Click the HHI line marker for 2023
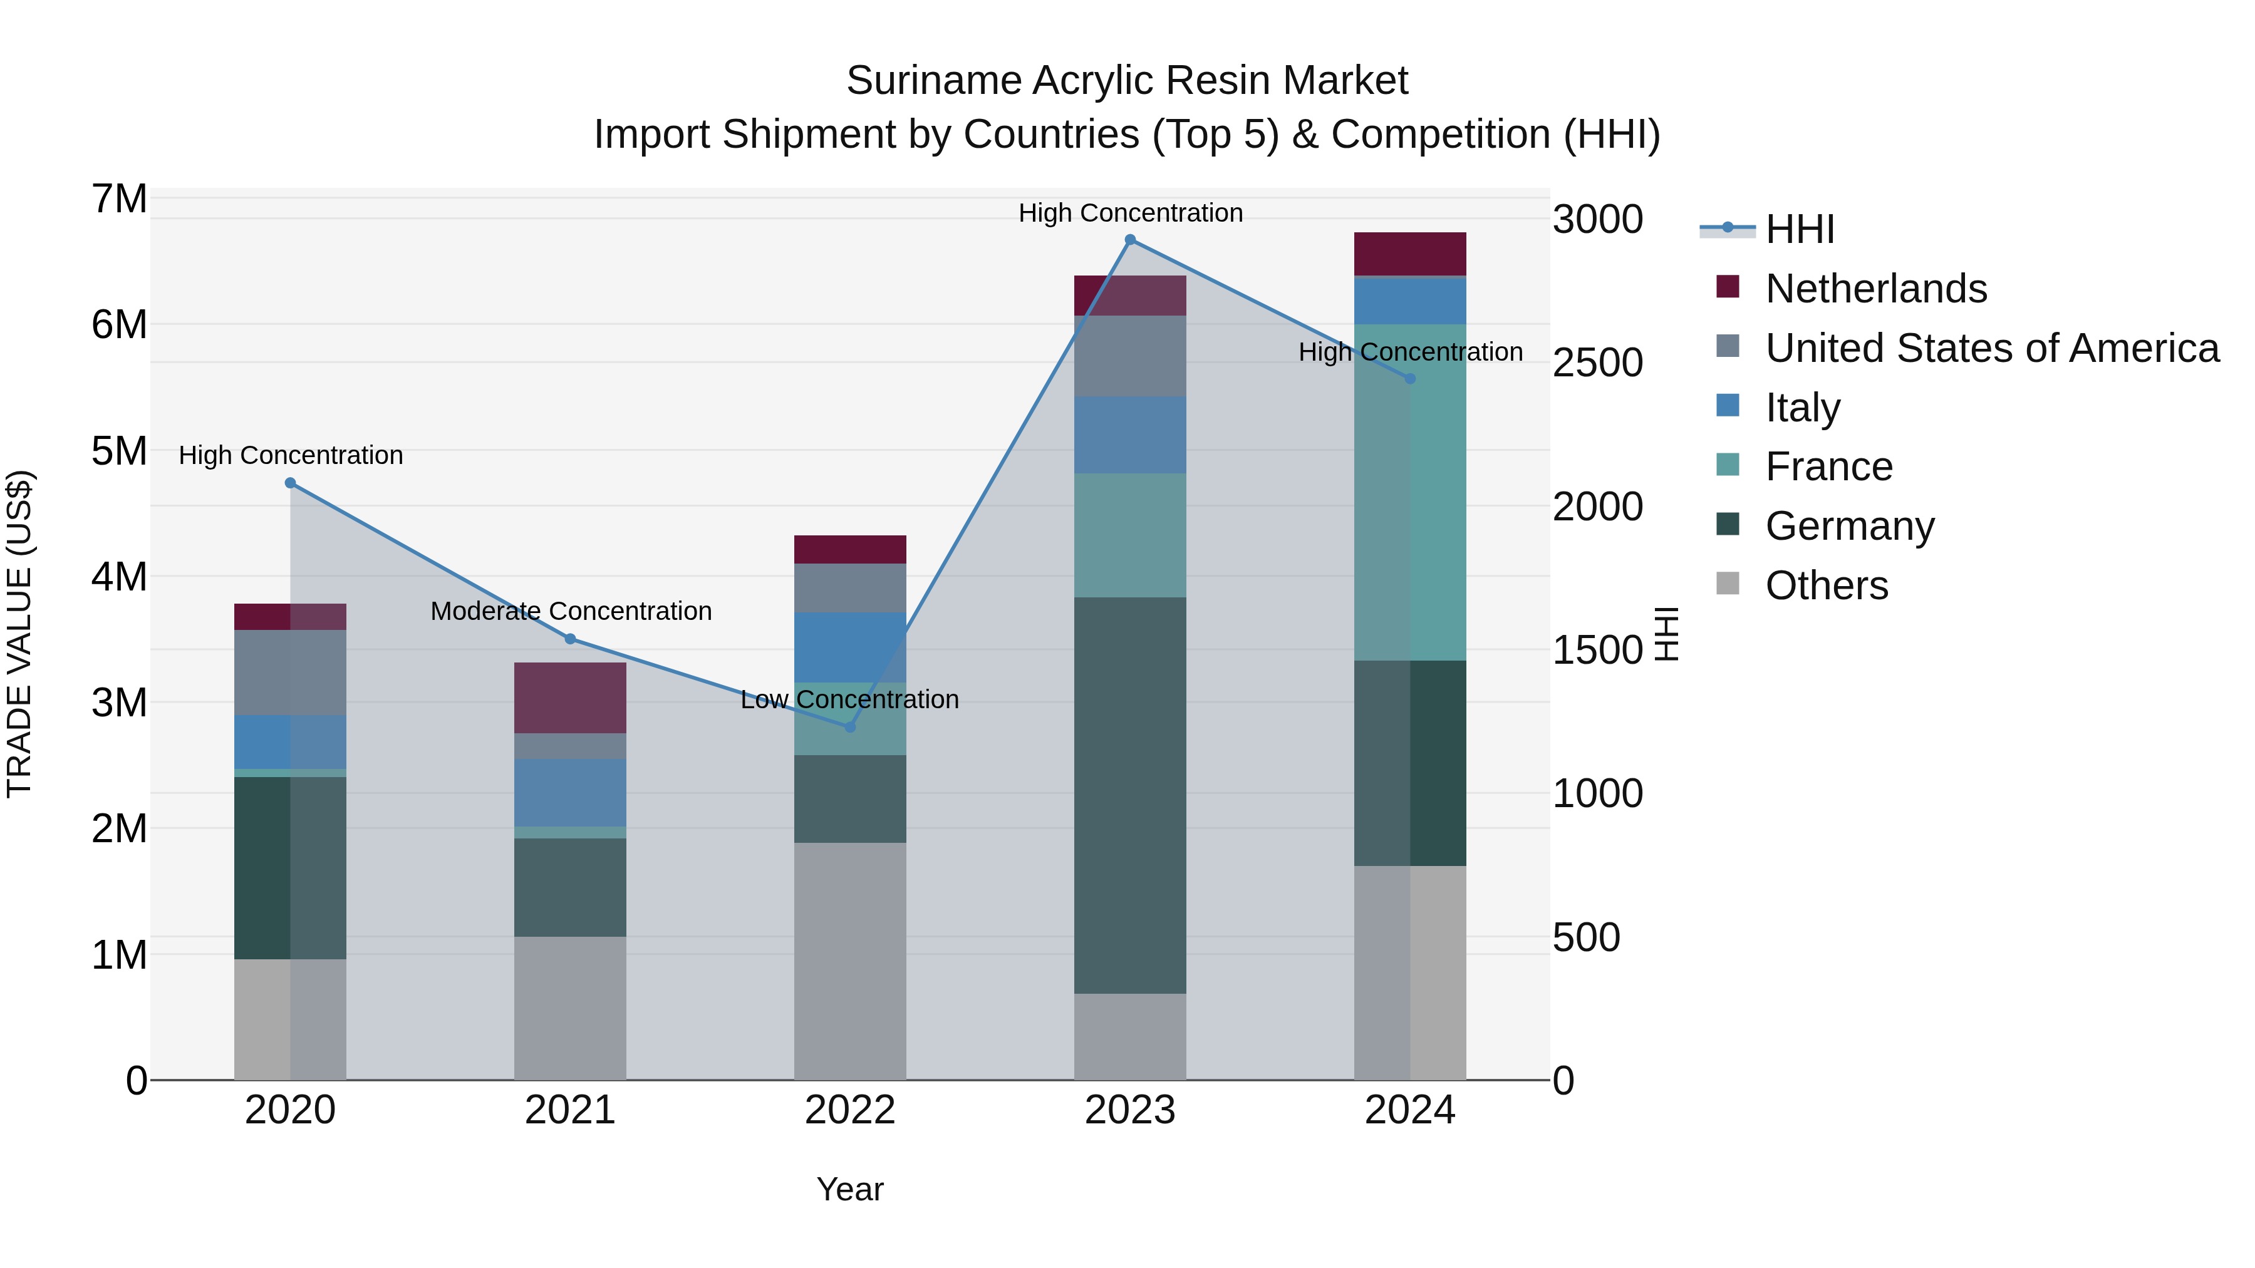pos(1130,240)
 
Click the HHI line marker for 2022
pos(850,727)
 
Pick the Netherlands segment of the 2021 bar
pos(570,698)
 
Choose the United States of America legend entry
pos(1991,348)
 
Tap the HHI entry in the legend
pos(1800,229)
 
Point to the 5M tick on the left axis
pos(120,451)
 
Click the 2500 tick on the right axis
pos(1597,363)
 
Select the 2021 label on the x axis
pos(570,1110)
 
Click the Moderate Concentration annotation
pos(571,611)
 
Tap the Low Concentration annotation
pos(850,699)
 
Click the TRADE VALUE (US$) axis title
pos(19,634)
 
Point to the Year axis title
pos(850,1189)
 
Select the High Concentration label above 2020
pos(291,455)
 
